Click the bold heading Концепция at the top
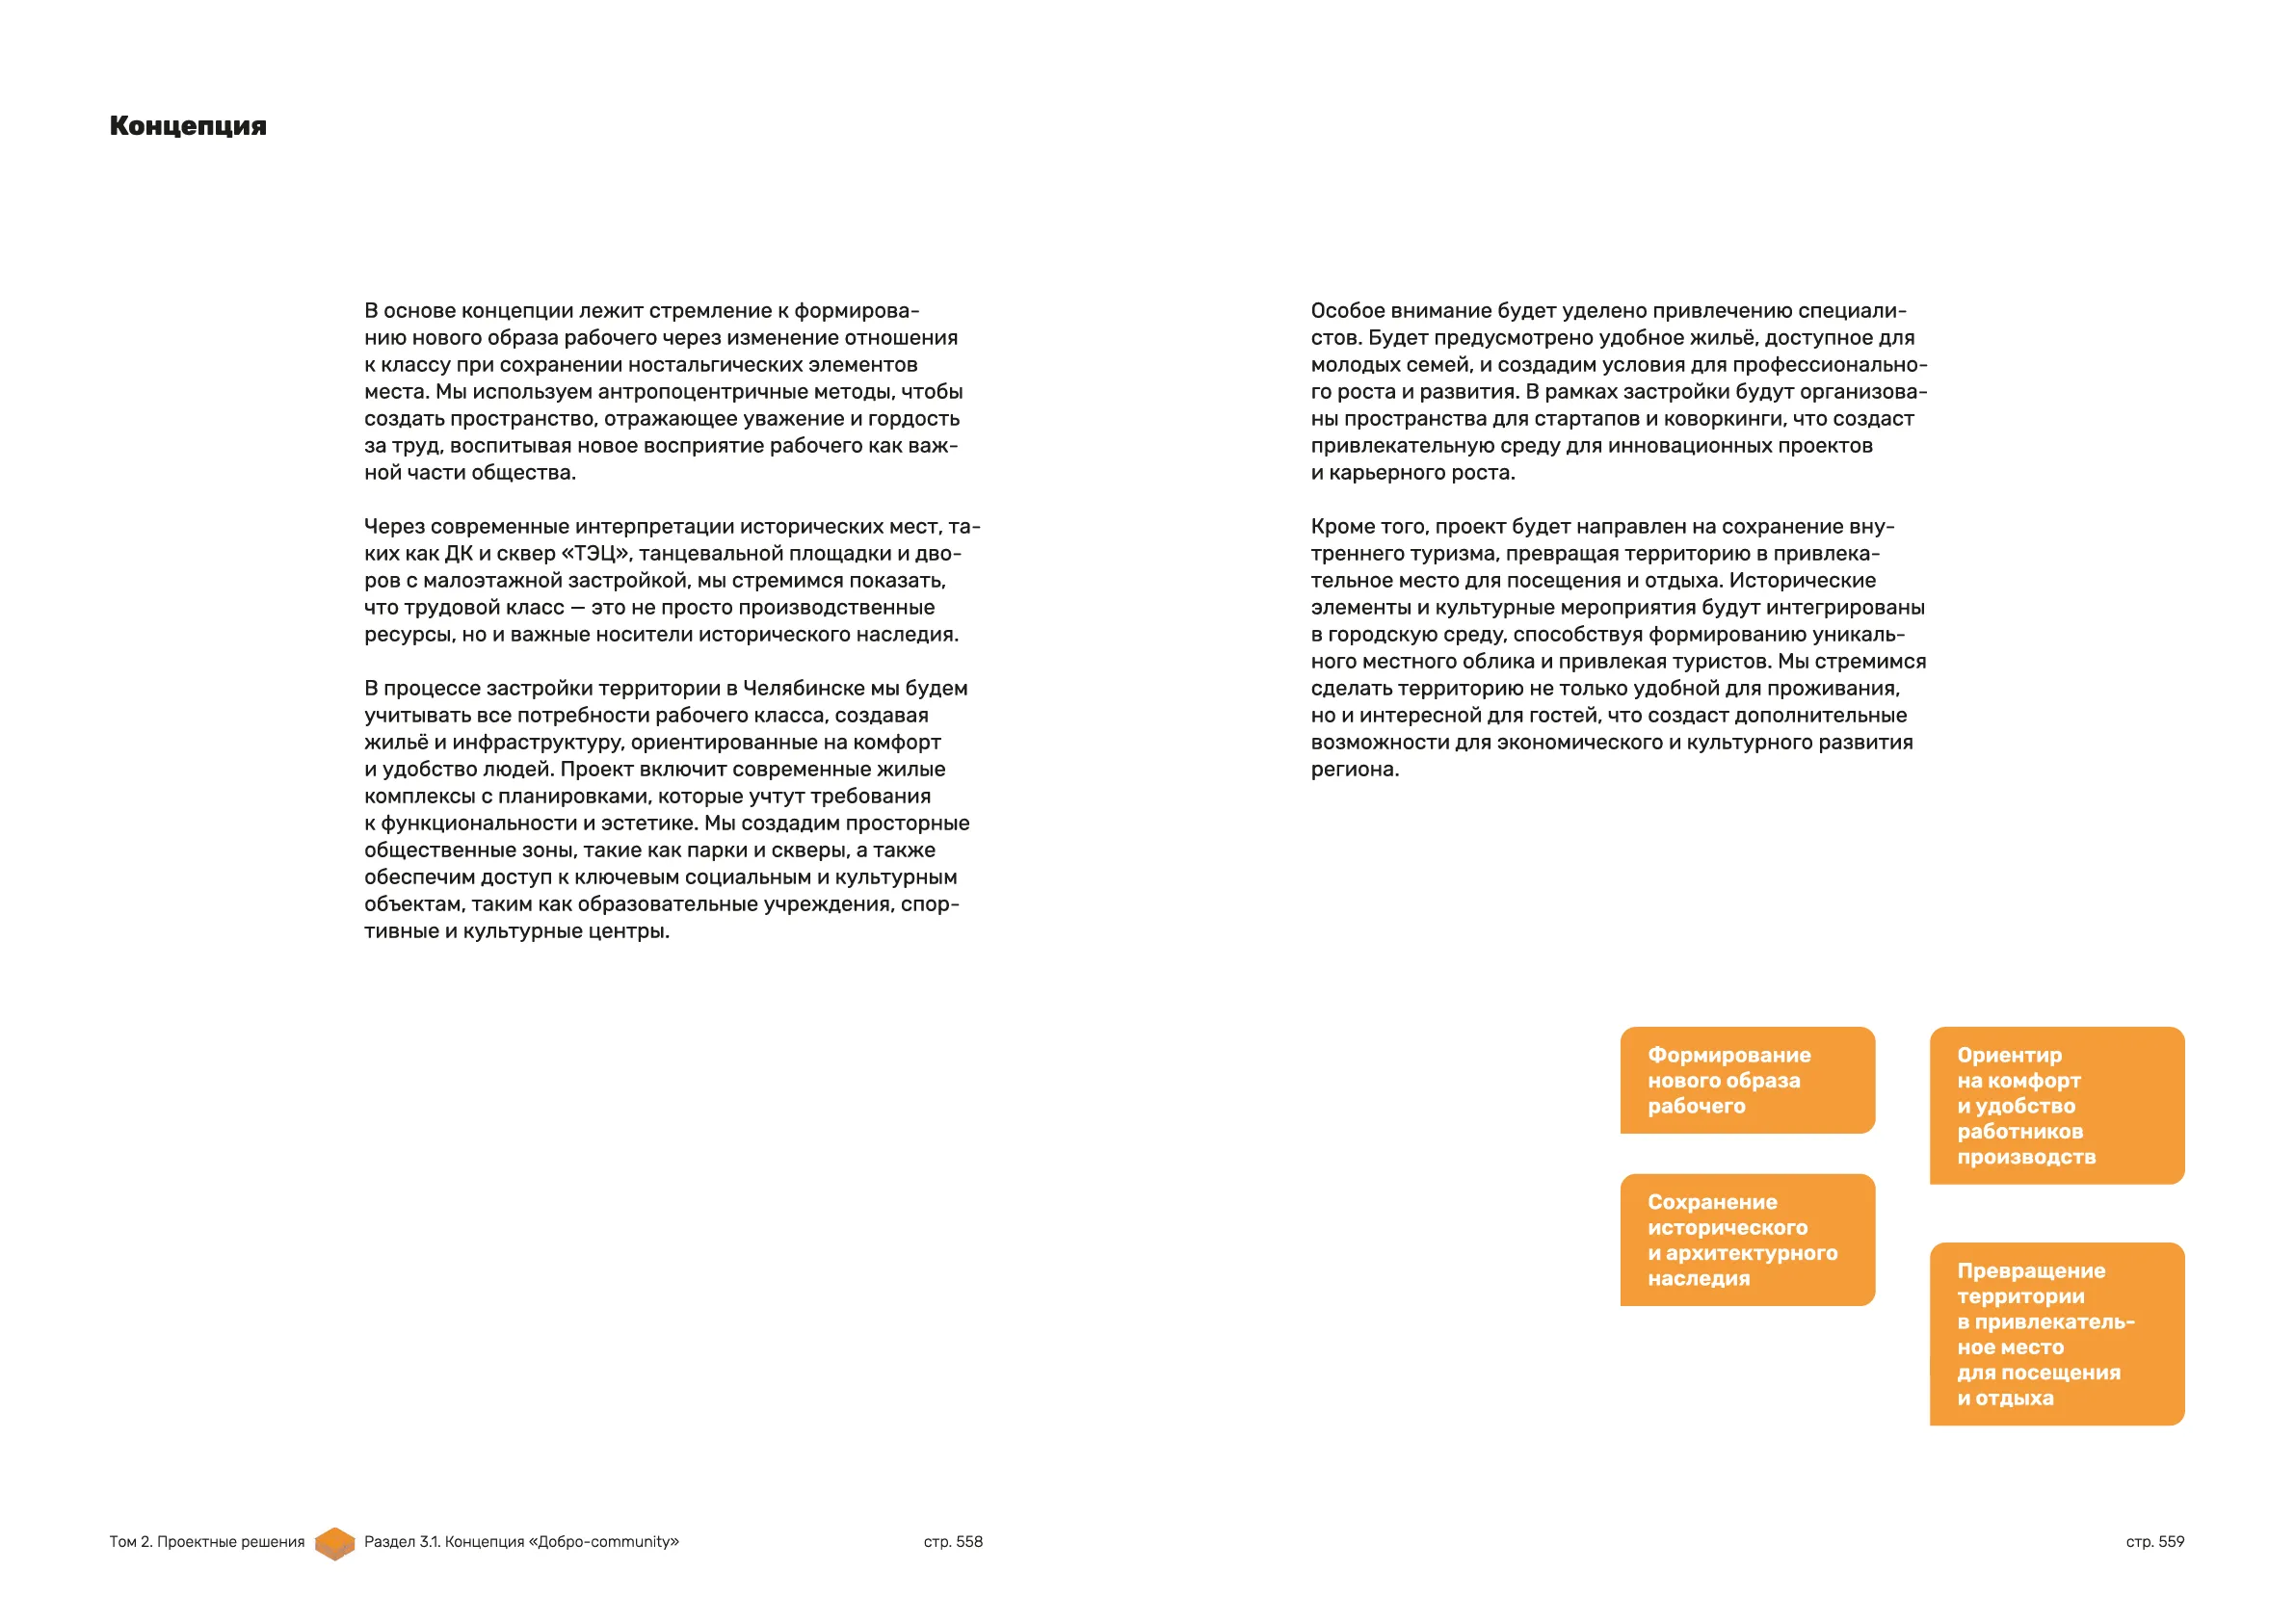tap(188, 126)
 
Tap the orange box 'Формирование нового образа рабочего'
tap(1746, 1080)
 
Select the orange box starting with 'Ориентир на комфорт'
tap(2056, 1106)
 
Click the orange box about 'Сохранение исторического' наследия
tap(1746, 1240)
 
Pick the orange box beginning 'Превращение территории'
tap(2056, 1333)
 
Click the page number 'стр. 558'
tap(953, 1541)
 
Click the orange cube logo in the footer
tap(335, 1543)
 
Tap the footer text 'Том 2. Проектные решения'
tap(207, 1541)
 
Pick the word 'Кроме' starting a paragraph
tap(1340, 527)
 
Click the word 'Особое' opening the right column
tap(1344, 311)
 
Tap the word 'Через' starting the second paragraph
tap(394, 527)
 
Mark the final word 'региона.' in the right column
tap(1355, 770)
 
